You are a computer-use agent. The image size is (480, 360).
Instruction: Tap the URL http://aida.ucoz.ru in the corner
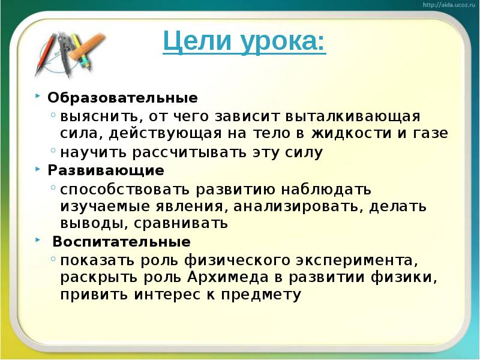(449, 4)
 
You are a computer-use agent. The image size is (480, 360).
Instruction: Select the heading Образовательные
(122, 97)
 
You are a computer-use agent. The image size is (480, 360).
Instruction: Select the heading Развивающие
(106, 170)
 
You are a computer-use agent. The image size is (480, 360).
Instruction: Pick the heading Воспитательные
(121, 242)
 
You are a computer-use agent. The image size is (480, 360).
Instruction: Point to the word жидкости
(345, 133)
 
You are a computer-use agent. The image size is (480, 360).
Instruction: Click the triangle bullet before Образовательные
(38, 96)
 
